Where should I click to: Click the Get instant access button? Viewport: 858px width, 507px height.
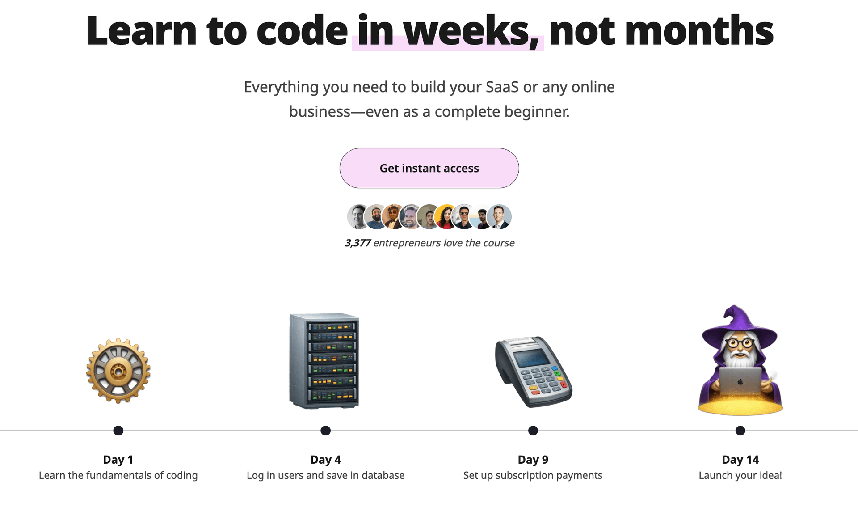click(x=429, y=168)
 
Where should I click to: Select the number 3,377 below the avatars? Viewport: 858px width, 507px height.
click(x=357, y=243)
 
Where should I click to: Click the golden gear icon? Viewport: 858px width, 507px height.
click(x=118, y=371)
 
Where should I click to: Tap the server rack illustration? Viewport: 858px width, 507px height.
click(x=324, y=360)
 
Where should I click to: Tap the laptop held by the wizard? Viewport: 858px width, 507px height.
click(x=740, y=380)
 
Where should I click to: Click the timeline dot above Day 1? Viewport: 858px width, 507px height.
click(x=118, y=431)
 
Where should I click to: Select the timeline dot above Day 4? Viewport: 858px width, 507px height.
click(x=325, y=431)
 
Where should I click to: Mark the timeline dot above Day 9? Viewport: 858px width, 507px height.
click(x=533, y=431)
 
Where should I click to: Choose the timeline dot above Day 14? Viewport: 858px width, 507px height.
click(x=740, y=431)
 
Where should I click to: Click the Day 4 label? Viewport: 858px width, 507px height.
click(x=325, y=460)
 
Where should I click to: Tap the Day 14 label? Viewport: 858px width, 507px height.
click(x=740, y=460)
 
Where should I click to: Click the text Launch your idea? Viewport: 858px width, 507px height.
click(x=740, y=475)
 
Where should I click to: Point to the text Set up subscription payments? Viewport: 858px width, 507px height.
click(x=533, y=475)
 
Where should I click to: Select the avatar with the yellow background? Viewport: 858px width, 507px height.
click(x=446, y=217)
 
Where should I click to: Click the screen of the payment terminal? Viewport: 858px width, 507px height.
click(x=531, y=358)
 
